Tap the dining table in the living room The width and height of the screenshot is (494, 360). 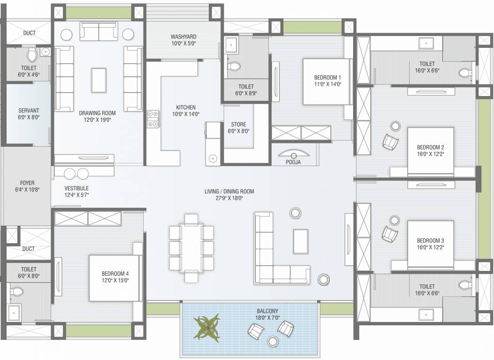[x=191, y=247]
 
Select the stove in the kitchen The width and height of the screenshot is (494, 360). [x=153, y=119]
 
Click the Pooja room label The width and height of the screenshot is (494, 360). [x=293, y=162]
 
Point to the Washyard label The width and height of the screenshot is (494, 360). [x=183, y=37]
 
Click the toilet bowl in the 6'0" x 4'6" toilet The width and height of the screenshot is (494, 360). [x=32, y=54]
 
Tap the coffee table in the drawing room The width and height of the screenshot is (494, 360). [x=99, y=80]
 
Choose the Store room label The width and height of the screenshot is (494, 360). [x=238, y=124]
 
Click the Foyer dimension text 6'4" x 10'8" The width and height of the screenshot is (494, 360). [x=27, y=189]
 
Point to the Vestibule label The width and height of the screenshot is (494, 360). [x=76, y=188]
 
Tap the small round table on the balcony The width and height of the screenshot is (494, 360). [x=272, y=341]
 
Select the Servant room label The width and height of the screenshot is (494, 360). [x=29, y=111]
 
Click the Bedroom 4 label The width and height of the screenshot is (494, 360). [x=115, y=274]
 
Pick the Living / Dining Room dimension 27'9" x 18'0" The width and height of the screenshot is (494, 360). [x=229, y=198]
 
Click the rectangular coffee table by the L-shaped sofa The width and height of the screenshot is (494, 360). [x=301, y=241]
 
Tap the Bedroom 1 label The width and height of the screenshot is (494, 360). [x=327, y=77]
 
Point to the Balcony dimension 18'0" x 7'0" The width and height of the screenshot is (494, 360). [x=267, y=318]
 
